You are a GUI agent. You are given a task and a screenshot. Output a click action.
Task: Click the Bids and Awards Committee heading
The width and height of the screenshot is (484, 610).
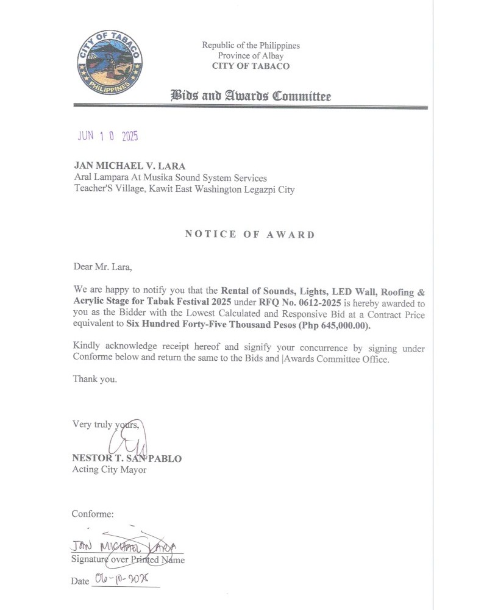[251, 96]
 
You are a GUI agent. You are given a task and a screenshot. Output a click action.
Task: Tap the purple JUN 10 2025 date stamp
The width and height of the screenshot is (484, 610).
[108, 136]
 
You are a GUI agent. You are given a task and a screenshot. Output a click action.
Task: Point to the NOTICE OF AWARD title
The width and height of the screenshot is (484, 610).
[250, 235]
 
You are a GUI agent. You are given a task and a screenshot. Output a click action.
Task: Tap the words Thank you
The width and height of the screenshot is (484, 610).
[94, 378]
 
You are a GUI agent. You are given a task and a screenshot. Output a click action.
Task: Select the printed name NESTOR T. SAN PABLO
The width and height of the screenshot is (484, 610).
[127, 458]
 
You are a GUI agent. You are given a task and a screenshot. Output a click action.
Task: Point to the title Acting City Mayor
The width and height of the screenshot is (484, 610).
[109, 470]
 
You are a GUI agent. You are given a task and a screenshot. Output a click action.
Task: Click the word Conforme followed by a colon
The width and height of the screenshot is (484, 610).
[93, 514]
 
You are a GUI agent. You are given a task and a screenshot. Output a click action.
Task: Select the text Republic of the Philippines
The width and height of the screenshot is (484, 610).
[251, 45]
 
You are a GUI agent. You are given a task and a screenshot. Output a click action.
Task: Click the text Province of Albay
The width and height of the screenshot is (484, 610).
[251, 55]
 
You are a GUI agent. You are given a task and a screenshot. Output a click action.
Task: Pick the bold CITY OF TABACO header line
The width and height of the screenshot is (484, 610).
[251, 66]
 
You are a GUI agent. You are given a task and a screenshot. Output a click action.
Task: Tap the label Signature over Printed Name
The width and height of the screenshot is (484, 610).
[128, 559]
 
